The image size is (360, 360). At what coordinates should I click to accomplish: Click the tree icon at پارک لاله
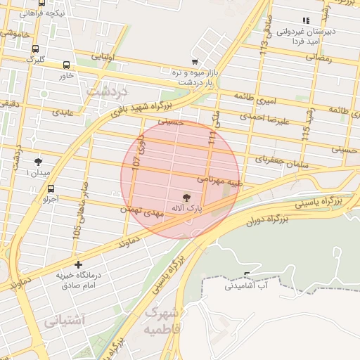pos(187,198)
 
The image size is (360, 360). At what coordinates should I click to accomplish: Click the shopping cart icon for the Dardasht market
pos(195,62)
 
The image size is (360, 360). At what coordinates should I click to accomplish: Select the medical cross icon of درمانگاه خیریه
pos(77,265)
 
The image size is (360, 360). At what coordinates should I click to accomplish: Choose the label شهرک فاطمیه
pos(162,320)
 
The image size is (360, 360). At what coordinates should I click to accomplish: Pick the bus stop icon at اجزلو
pos(51,188)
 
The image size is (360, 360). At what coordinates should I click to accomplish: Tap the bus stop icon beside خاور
pos(67,65)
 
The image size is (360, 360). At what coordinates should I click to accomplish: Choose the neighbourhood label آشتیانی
pos(64,321)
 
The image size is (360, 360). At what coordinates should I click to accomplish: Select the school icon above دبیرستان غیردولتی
pos(305,21)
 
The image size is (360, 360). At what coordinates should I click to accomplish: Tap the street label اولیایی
pos(98,56)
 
